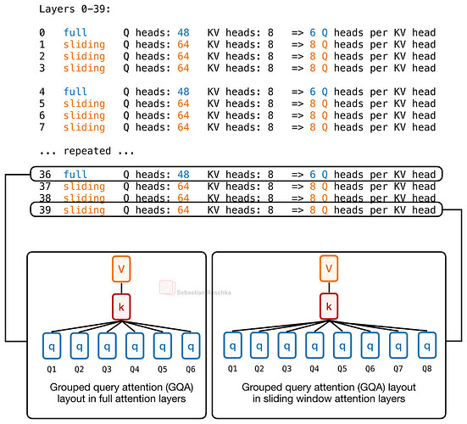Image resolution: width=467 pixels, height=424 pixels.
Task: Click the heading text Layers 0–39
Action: pyautogui.click(x=75, y=9)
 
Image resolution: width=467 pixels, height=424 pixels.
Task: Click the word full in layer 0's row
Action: pyautogui.click(x=75, y=32)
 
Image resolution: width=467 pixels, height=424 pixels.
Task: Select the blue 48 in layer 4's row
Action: pyautogui.click(x=183, y=92)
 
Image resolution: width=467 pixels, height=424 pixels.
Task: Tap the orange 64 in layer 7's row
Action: pyautogui.click(x=183, y=127)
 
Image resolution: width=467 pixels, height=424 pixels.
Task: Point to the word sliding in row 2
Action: pyautogui.click(x=84, y=56)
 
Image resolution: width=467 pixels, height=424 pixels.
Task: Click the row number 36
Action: pyautogui.click(x=45, y=175)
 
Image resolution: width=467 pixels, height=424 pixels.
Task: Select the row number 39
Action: pyautogui.click(x=45, y=209)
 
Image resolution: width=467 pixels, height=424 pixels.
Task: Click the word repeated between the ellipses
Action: pyautogui.click(x=87, y=151)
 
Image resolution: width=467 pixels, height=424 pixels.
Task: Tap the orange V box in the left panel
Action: pyautogui.click(x=121, y=269)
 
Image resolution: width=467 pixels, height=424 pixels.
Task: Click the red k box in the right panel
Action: pyautogui.click(x=329, y=306)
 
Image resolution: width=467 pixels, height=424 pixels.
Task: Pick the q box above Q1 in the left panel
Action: pyautogui.click(x=52, y=346)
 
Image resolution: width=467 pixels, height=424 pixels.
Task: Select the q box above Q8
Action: pyautogui.click(x=427, y=346)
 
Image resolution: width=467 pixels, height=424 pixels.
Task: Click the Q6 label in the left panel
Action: pyautogui.click(x=191, y=370)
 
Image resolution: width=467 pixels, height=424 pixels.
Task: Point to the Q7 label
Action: pyautogui.click(x=398, y=369)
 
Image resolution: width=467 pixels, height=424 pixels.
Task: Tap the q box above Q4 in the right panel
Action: pyautogui.click(x=314, y=346)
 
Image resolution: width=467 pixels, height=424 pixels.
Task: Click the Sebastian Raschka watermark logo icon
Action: pyautogui.click(x=167, y=287)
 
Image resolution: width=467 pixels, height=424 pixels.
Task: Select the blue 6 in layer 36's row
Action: pyautogui.click(x=313, y=175)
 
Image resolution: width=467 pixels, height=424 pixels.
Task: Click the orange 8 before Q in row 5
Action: pyautogui.click(x=313, y=103)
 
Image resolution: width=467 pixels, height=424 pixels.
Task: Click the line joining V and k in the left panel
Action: pyautogui.click(x=121, y=287)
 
